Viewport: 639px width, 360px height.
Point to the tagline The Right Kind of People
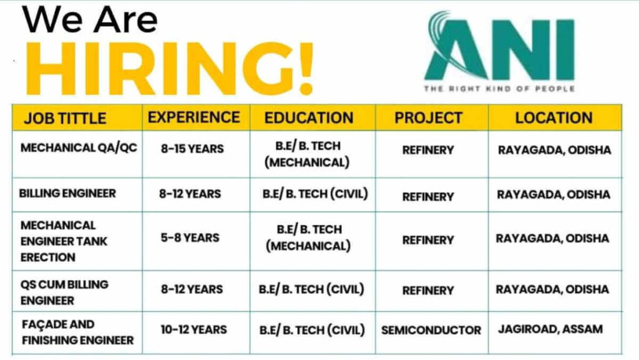coord(499,89)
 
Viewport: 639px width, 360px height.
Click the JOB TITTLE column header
coord(65,118)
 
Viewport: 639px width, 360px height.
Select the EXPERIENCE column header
coord(193,117)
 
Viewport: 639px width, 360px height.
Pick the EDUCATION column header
coord(308,118)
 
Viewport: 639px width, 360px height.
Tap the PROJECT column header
coord(428,118)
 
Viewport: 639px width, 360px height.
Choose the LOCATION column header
coord(554,117)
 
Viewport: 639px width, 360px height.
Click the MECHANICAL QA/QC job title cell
coord(79,148)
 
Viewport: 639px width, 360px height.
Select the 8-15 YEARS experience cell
coord(192,149)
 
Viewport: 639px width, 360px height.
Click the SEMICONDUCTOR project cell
coord(431,330)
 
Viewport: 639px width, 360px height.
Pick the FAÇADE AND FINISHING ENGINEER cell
coord(77,333)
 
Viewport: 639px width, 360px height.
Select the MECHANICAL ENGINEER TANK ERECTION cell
coord(64,241)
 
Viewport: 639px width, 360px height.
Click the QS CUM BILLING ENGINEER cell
coord(64,292)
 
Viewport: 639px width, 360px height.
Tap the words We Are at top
coord(90,20)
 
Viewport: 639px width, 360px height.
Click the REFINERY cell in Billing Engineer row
coord(428,197)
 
